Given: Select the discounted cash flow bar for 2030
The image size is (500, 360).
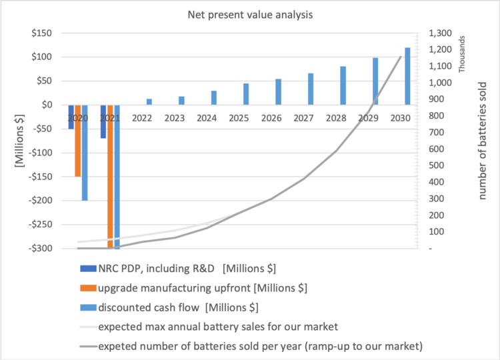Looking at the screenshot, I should (x=407, y=76).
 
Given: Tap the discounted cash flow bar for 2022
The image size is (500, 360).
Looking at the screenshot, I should (x=149, y=101).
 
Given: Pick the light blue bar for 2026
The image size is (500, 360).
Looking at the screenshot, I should (x=278, y=91).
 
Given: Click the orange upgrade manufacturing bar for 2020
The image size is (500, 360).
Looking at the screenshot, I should (x=78, y=141).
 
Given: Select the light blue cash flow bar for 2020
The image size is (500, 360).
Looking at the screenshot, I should (x=85, y=153).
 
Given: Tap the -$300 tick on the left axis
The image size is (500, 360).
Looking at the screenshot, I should (x=39, y=249).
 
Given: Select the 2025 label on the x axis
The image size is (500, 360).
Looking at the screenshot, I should (x=239, y=118).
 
